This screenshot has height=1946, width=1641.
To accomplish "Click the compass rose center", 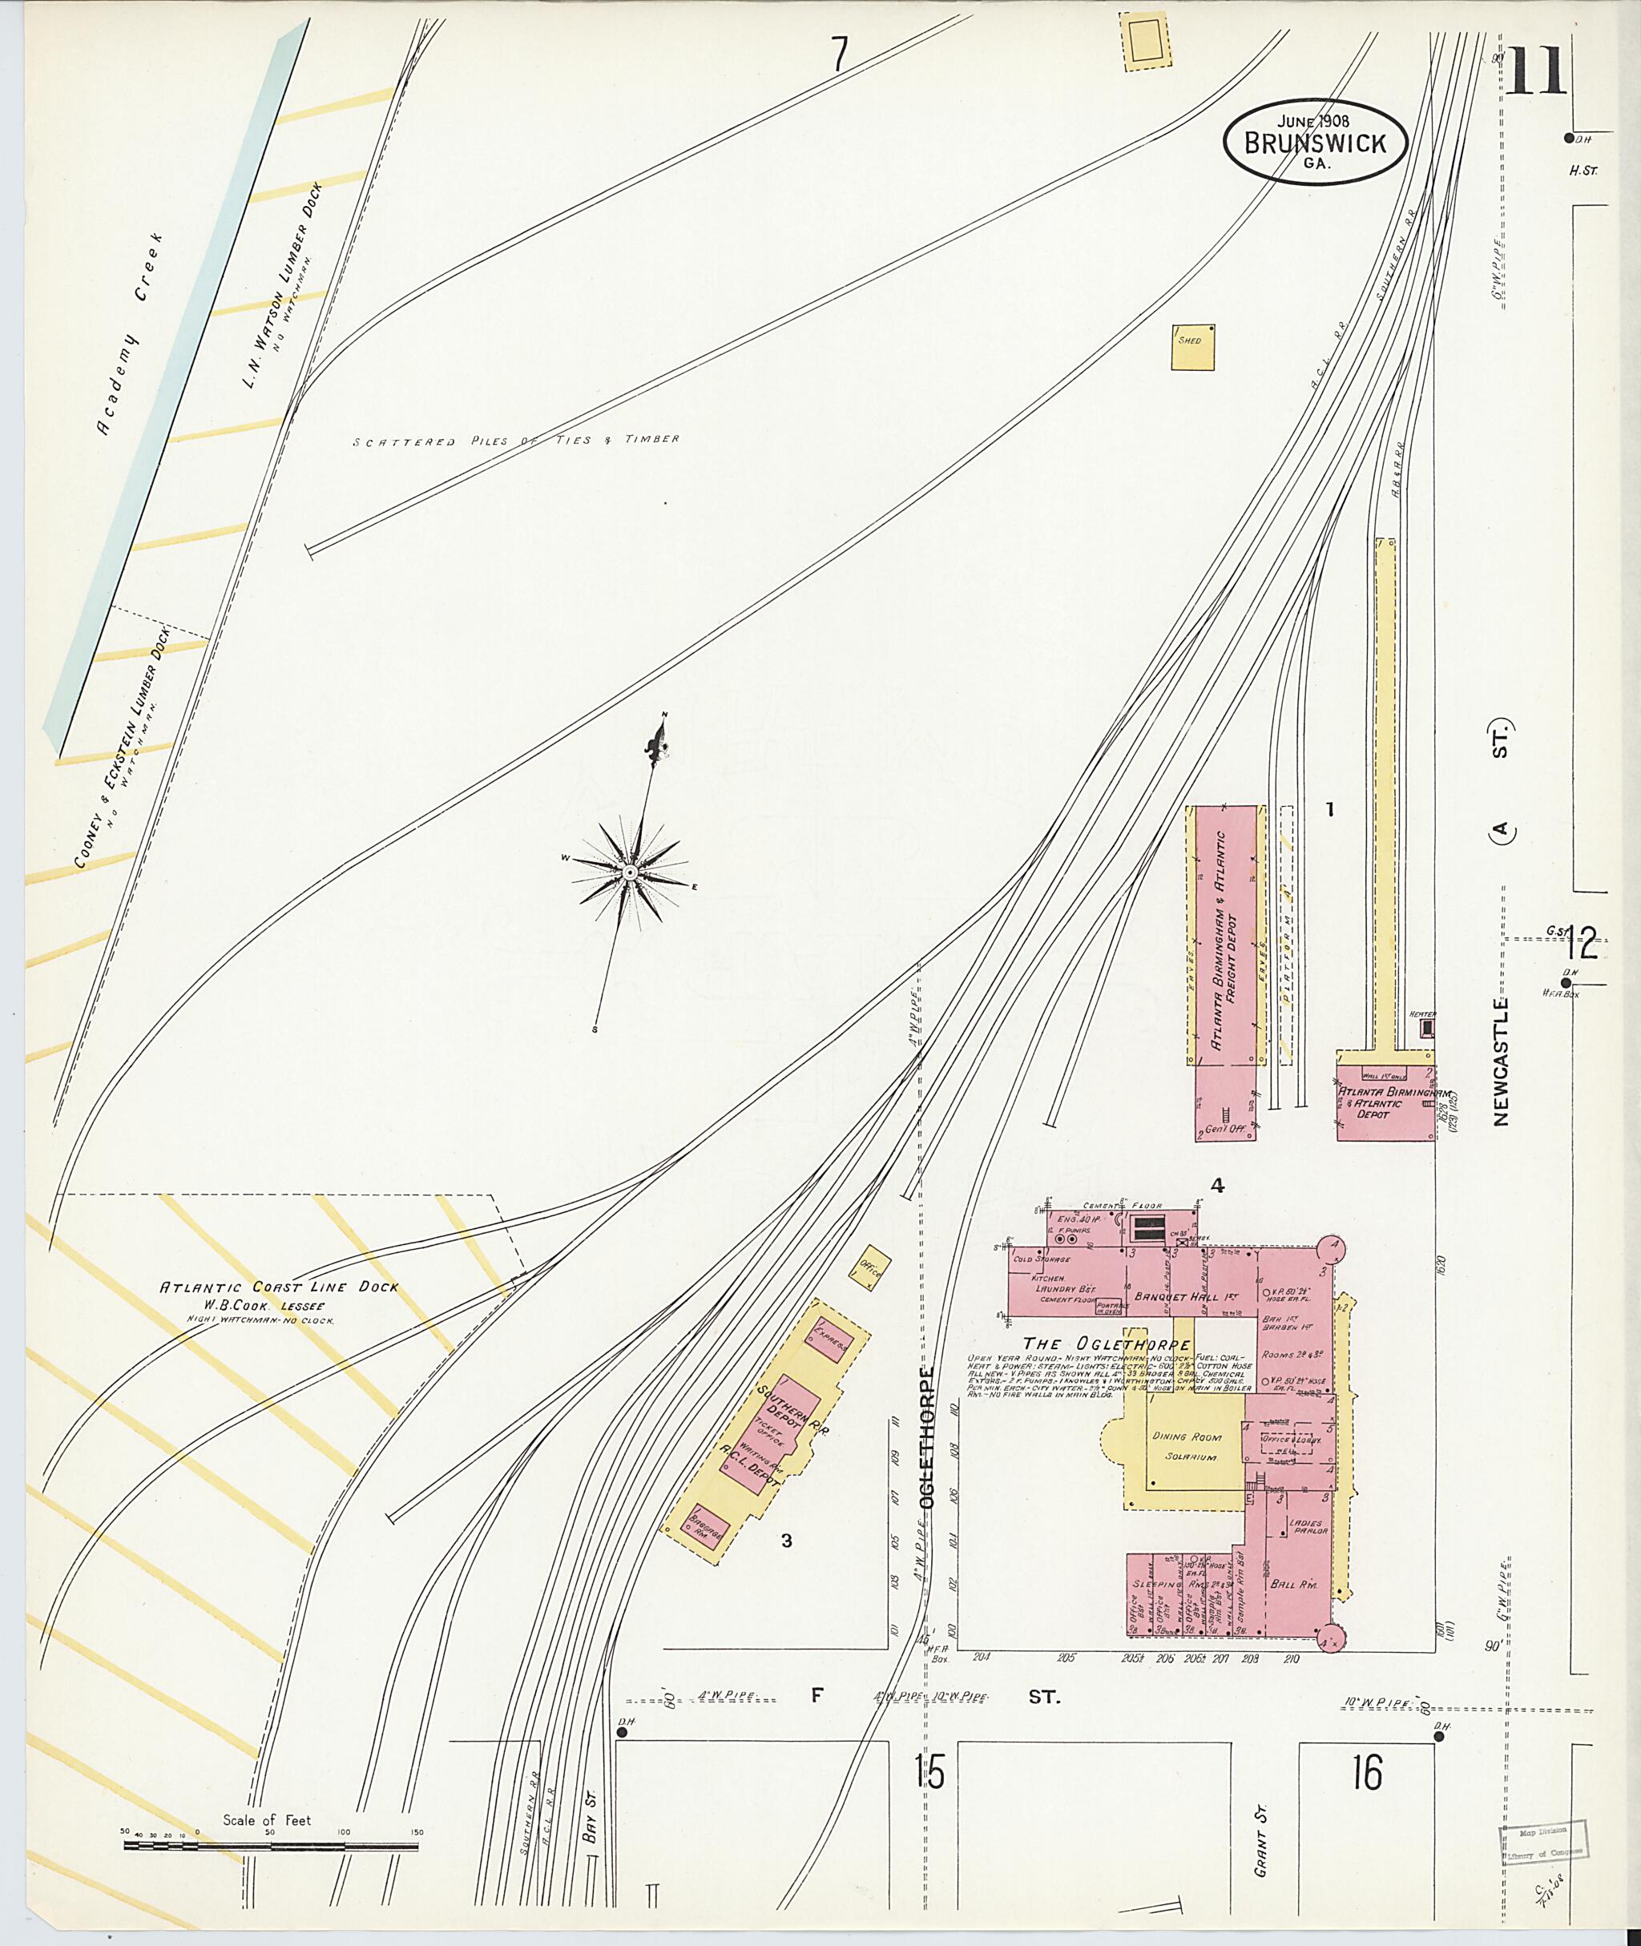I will pos(630,872).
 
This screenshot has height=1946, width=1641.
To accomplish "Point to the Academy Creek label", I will pos(131,335).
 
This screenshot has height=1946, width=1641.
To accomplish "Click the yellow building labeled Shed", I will pos(1192,347).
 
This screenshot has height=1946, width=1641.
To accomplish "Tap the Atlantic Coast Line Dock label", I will pos(279,1287).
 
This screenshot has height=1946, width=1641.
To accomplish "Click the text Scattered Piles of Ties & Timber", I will pos(515,440).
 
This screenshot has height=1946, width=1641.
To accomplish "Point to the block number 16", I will pos(1368,1771).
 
